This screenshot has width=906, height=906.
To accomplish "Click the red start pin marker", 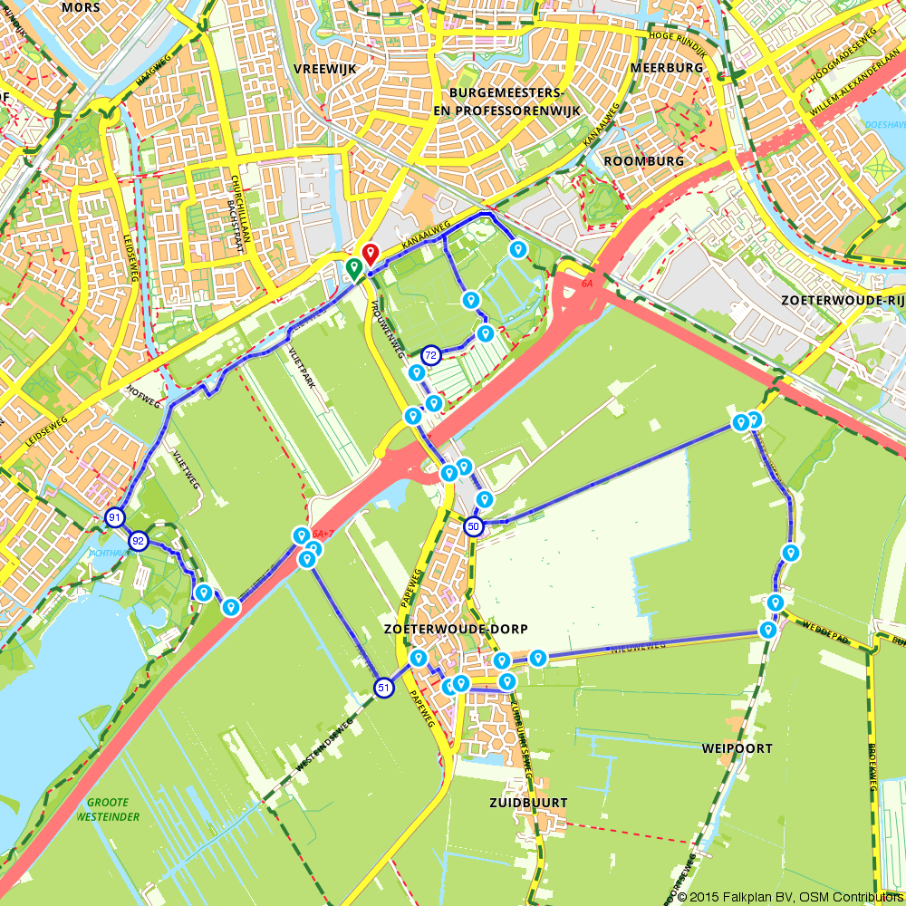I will (x=369, y=255).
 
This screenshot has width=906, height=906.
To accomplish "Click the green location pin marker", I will (x=353, y=267).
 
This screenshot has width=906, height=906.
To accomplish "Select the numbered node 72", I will (x=431, y=354).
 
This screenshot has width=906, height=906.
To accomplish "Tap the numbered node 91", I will (x=114, y=518).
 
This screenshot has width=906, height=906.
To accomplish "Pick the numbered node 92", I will (x=138, y=541).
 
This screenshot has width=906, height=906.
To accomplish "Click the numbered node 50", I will (x=473, y=526).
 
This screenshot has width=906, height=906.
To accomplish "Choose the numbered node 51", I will (x=384, y=689).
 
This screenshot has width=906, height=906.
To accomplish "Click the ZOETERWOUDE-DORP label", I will (x=455, y=629).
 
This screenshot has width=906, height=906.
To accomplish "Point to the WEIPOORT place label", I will (x=737, y=748).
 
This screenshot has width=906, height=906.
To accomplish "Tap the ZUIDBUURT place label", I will (x=527, y=803).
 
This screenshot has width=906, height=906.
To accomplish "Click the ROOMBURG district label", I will (x=643, y=160).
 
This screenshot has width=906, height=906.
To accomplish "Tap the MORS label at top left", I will (x=82, y=7).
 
